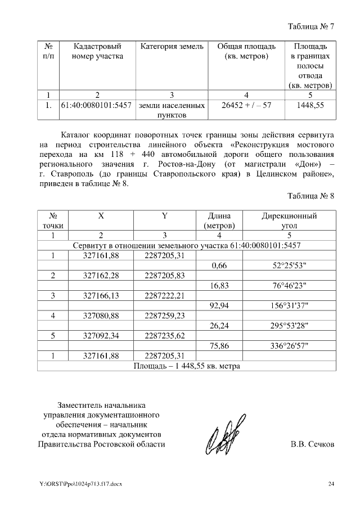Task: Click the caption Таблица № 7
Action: point(311,26)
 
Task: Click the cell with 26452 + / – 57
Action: point(246,105)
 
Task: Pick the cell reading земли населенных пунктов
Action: point(172,110)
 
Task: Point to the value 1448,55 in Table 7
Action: point(310,105)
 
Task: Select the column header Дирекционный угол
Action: point(289,220)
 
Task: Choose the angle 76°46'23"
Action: point(289,286)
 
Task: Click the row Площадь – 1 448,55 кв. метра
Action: point(187,366)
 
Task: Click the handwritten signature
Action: point(224,435)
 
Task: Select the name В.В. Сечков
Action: point(312,444)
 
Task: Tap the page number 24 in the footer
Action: point(331,484)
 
